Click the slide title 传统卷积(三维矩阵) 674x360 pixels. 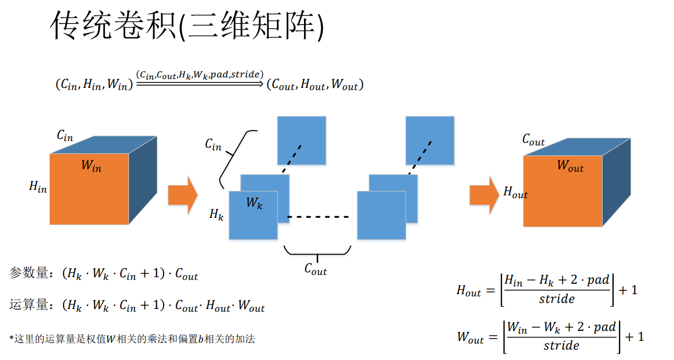[187, 26]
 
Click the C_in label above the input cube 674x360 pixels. [65, 135]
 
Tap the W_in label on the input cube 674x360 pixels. [91, 165]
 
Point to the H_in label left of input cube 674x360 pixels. [38, 187]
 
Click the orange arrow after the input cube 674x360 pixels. [182, 195]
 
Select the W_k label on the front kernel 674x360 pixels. [254, 203]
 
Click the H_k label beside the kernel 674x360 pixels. [216, 215]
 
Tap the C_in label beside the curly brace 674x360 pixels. [213, 144]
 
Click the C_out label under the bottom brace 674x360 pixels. [316, 269]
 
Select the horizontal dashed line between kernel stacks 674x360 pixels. [318, 217]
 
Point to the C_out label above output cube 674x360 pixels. [533, 140]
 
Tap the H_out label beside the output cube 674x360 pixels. [515, 193]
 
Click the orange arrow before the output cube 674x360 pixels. [484, 195]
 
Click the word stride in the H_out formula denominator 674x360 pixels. [557, 299]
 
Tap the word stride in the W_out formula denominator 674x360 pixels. [561, 346]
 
